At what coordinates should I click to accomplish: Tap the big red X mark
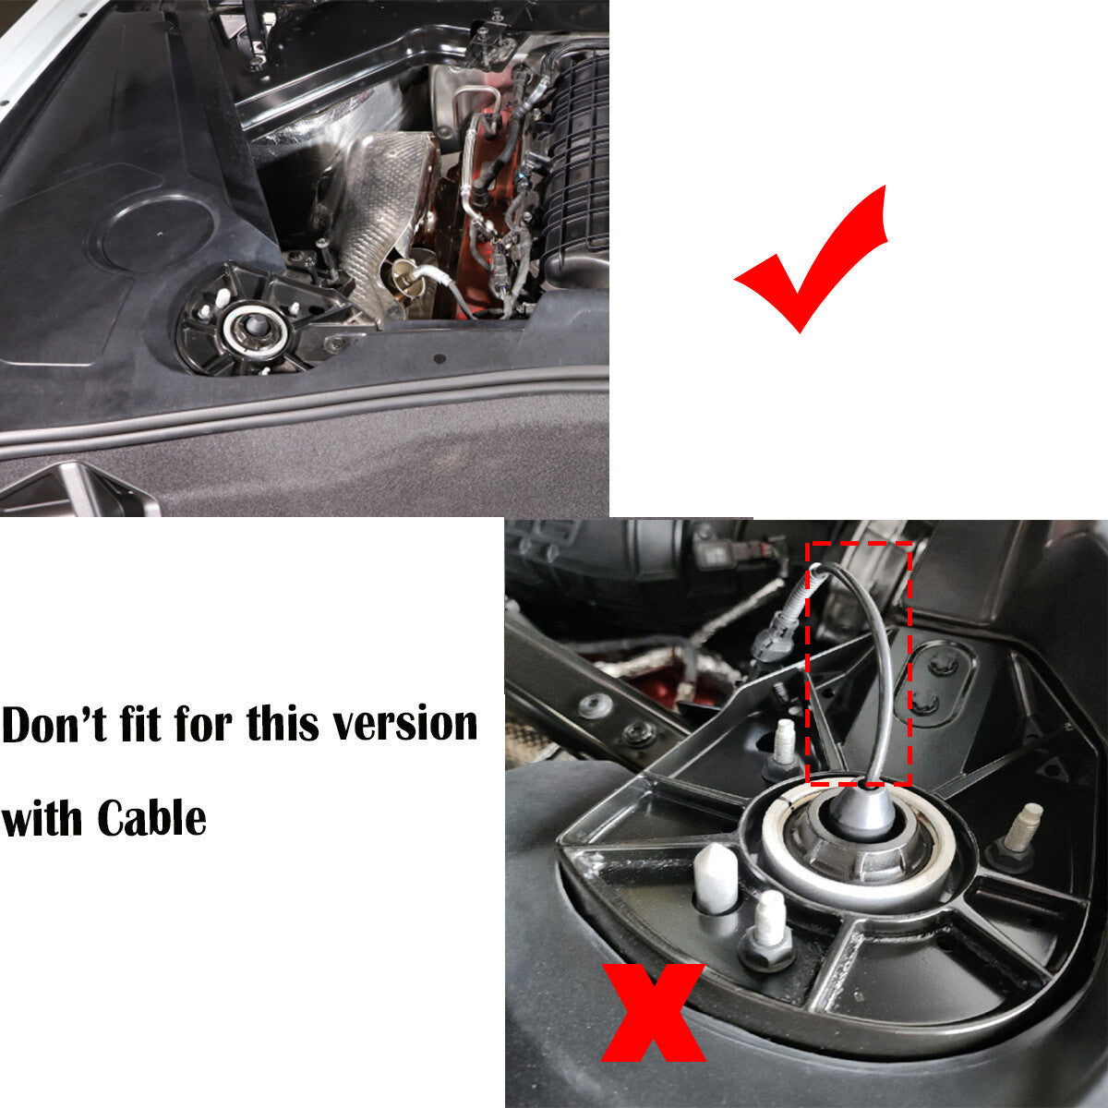tap(653, 1012)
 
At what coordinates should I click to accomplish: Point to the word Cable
tap(151, 818)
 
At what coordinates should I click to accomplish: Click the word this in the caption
tap(283, 723)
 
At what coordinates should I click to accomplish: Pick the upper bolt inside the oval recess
tap(942, 666)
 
